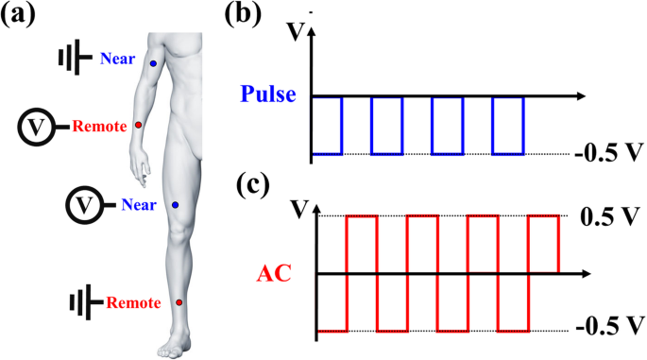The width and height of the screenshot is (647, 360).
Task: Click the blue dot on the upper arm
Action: (x=154, y=63)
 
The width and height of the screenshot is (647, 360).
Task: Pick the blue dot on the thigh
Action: (x=176, y=205)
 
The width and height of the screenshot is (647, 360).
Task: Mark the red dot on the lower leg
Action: (x=179, y=302)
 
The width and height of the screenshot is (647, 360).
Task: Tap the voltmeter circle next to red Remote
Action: (x=35, y=126)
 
